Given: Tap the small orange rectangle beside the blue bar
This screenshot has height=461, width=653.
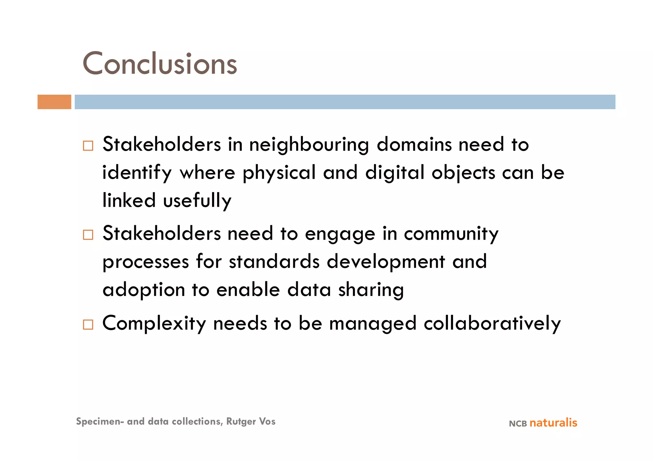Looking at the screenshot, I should [x=54, y=102].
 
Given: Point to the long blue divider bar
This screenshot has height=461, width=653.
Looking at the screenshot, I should [x=345, y=102].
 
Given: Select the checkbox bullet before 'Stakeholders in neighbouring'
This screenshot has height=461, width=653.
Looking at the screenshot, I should [x=88, y=146].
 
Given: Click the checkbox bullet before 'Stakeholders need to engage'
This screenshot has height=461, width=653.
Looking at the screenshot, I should [x=88, y=235].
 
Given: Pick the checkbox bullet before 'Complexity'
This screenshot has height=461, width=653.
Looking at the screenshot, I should [x=88, y=325].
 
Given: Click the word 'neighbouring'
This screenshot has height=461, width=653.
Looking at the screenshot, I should [x=309, y=145].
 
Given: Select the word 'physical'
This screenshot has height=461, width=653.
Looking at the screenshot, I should [x=279, y=173].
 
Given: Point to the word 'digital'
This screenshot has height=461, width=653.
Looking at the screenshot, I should [x=395, y=173].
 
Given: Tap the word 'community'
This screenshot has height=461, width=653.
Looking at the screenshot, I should [x=451, y=234].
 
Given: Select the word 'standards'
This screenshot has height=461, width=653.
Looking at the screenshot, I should [x=274, y=262].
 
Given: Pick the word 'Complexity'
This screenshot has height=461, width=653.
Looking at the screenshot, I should [x=154, y=324].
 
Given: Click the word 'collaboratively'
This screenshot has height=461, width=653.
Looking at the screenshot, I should [x=492, y=323].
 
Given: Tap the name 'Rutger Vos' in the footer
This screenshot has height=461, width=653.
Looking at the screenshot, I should [x=251, y=421].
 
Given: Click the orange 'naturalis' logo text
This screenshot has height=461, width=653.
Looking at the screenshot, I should [x=553, y=423].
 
